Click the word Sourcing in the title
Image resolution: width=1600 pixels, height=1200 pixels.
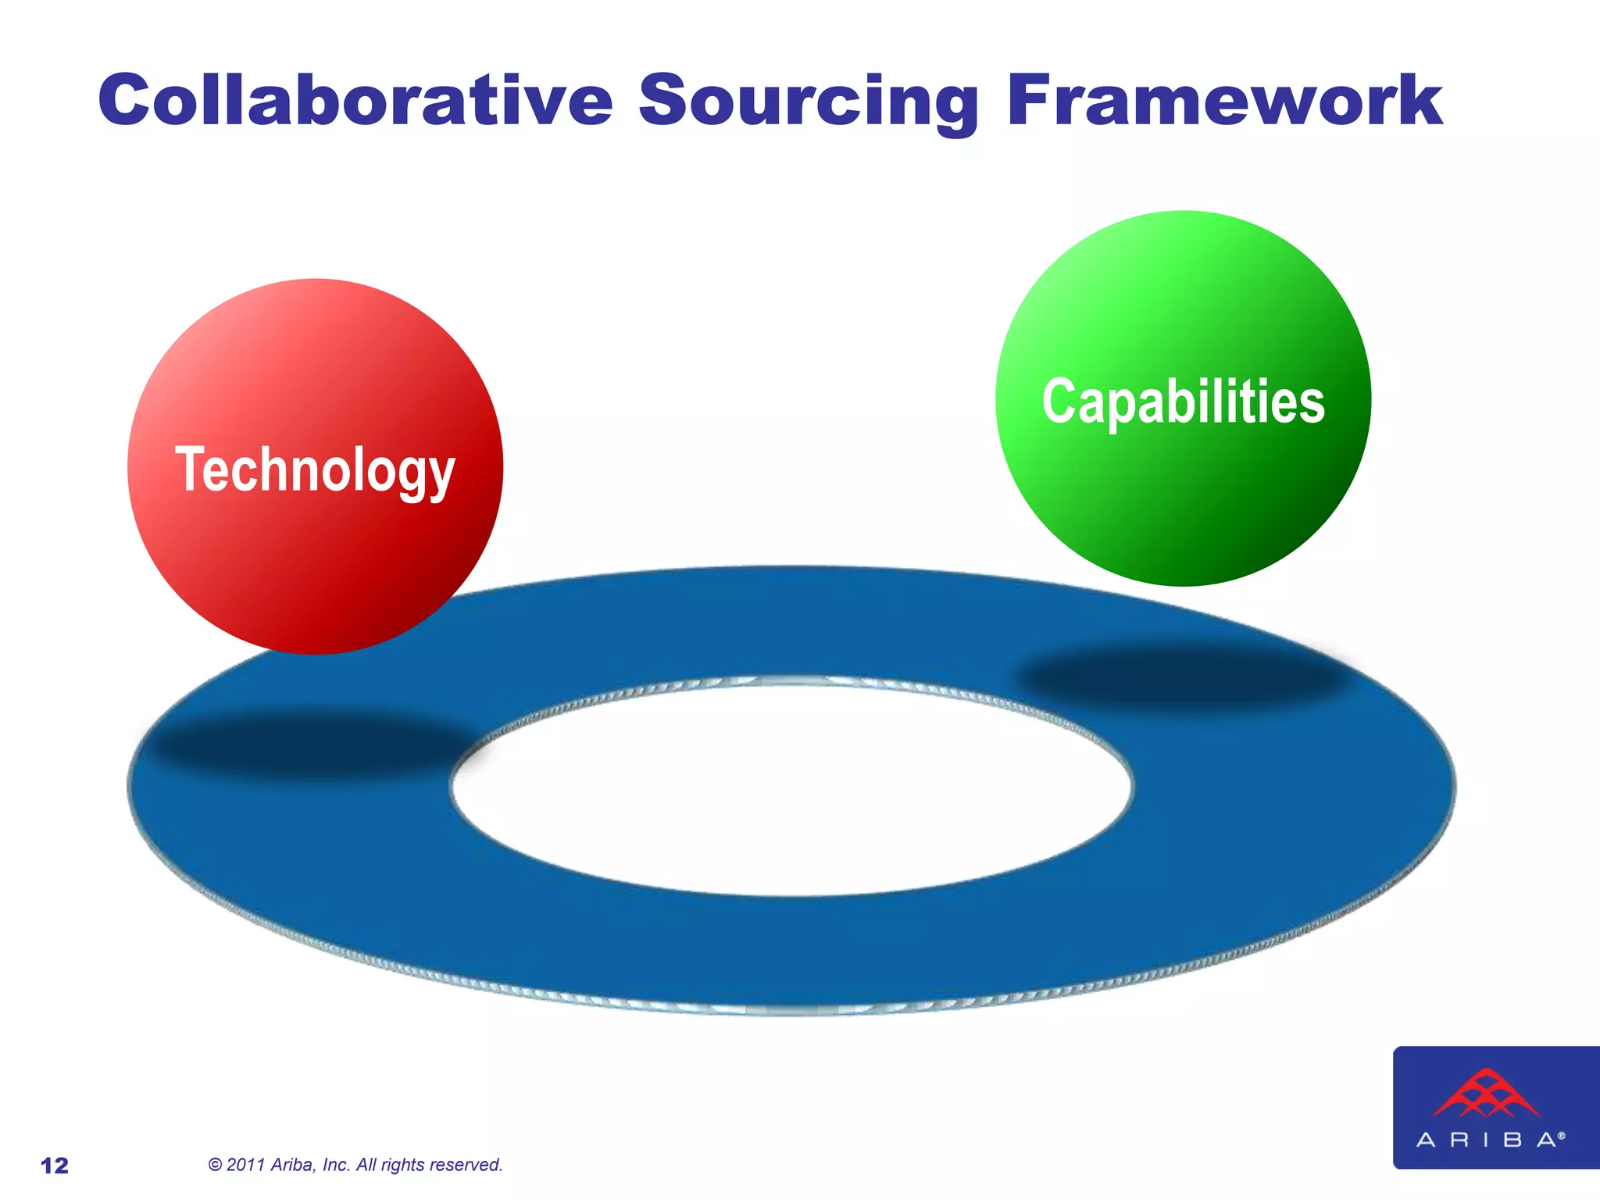pyautogui.click(x=809, y=102)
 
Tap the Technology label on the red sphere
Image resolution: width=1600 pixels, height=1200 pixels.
pyautogui.click(x=315, y=470)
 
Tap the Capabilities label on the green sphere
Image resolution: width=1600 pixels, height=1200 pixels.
pyautogui.click(x=1183, y=401)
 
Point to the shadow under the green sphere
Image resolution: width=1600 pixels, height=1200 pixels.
pyautogui.click(x=1184, y=676)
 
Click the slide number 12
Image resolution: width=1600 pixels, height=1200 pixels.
pyautogui.click(x=55, y=1166)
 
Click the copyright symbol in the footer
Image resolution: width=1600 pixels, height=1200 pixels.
pyautogui.click(x=216, y=1165)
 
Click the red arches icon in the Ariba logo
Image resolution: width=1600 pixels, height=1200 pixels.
pyautogui.click(x=1486, y=1094)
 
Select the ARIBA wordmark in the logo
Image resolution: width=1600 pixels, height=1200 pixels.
pyautogui.click(x=1488, y=1140)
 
